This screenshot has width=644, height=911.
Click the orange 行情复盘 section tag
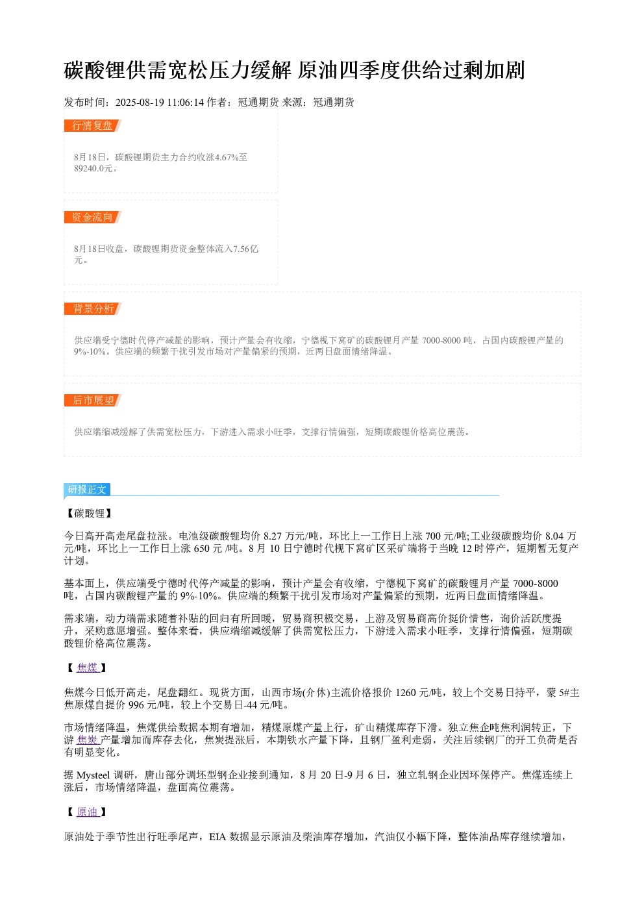93,126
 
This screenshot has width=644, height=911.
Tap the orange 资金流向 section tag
93,217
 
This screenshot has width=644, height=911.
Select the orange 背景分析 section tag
93,308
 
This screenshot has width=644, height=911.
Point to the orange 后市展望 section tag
93,400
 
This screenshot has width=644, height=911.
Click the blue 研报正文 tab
87,490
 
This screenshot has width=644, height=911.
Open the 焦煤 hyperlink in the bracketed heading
88,668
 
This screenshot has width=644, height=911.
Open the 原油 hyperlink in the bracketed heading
88,812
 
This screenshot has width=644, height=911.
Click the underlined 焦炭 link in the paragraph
88,740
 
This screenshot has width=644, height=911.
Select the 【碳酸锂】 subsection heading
89,514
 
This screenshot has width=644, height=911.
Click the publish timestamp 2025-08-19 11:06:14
159,103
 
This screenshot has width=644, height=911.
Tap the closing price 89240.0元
93,168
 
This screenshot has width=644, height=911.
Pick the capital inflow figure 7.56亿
245,249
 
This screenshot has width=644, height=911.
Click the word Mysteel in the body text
93,775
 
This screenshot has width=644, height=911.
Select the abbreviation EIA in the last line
217,836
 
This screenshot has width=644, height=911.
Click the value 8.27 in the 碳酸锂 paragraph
273,536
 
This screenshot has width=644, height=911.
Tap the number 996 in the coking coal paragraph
136,705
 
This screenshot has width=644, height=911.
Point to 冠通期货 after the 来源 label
334,103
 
